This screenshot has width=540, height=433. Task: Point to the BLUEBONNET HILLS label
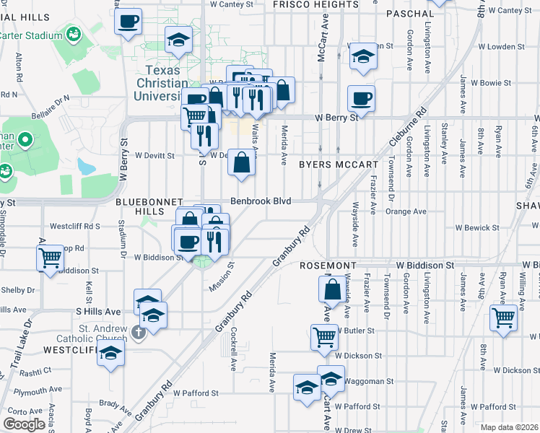point(149,207)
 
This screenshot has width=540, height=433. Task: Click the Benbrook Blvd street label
point(261,201)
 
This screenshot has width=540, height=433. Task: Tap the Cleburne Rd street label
point(406,144)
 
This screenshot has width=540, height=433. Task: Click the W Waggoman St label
point(368,381)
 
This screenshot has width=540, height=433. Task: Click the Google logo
point(23,424)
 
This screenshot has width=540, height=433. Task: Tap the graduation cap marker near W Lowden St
point(363,58)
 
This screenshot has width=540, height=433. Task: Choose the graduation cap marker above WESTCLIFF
point(111,354)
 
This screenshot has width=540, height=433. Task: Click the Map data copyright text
point(510,427)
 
